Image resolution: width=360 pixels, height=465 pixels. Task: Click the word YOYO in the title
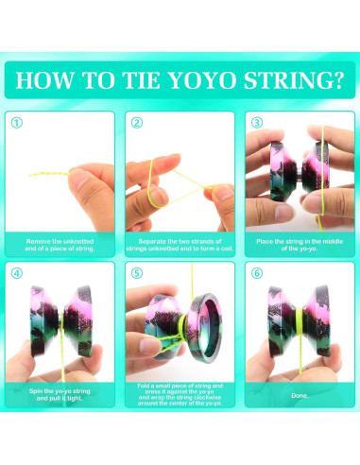coord(202,80)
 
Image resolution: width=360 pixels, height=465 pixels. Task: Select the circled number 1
coord(17,123)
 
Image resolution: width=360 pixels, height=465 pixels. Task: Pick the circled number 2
coord(137,123)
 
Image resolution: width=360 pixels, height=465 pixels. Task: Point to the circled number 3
coord(257,123)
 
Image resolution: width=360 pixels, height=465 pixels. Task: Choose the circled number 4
coord(17,273)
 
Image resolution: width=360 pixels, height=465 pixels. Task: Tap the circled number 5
coord(137,273)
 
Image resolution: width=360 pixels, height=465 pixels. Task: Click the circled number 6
coord(257,273)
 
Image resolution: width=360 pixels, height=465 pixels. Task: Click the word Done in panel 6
coord(300,395)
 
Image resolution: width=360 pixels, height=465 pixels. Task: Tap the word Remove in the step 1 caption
coord(39,242)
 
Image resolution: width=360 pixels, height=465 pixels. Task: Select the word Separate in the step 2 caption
coord(152,242)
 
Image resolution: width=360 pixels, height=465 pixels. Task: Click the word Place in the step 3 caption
coord(265,242)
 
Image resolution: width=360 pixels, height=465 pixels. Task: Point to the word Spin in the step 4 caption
coord(35,391)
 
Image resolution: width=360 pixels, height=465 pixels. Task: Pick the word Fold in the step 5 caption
coord(144,386)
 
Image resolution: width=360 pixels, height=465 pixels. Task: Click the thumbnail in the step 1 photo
coord(78,179)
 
